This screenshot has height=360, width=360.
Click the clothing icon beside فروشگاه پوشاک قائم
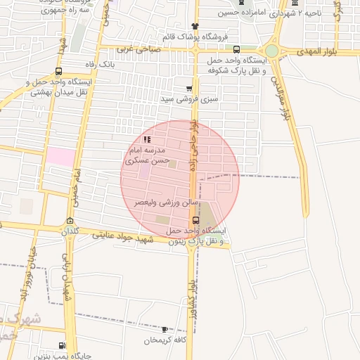point(185,26)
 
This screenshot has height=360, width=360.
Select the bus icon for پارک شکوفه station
point(236,50)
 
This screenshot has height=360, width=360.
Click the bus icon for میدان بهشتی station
point(58,71)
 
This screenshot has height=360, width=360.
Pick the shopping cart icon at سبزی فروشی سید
point(189,89)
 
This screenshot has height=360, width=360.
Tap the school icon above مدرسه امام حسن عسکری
point(146,140)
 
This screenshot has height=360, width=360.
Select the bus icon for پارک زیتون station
point(195,219)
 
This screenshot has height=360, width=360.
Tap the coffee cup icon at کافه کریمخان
point(165,329)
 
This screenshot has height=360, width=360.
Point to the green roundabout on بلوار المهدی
point(272,51)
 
